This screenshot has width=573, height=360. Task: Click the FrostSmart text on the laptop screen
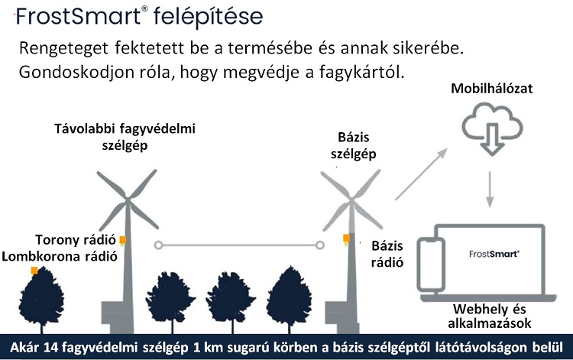coord(493,252)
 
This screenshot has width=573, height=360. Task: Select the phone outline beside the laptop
coord(432,268)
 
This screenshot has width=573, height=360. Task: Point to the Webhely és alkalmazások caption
coord(492,315)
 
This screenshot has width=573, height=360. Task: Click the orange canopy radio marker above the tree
coord(33,271)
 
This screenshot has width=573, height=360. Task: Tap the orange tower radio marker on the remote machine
coord(122,240)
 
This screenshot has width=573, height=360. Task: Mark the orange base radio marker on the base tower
coord(346,239)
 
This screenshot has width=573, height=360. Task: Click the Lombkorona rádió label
coord(60,256)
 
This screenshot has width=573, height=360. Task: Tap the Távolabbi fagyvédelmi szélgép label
coord(125,136)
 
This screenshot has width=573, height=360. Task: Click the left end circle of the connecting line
coord(158,245)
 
